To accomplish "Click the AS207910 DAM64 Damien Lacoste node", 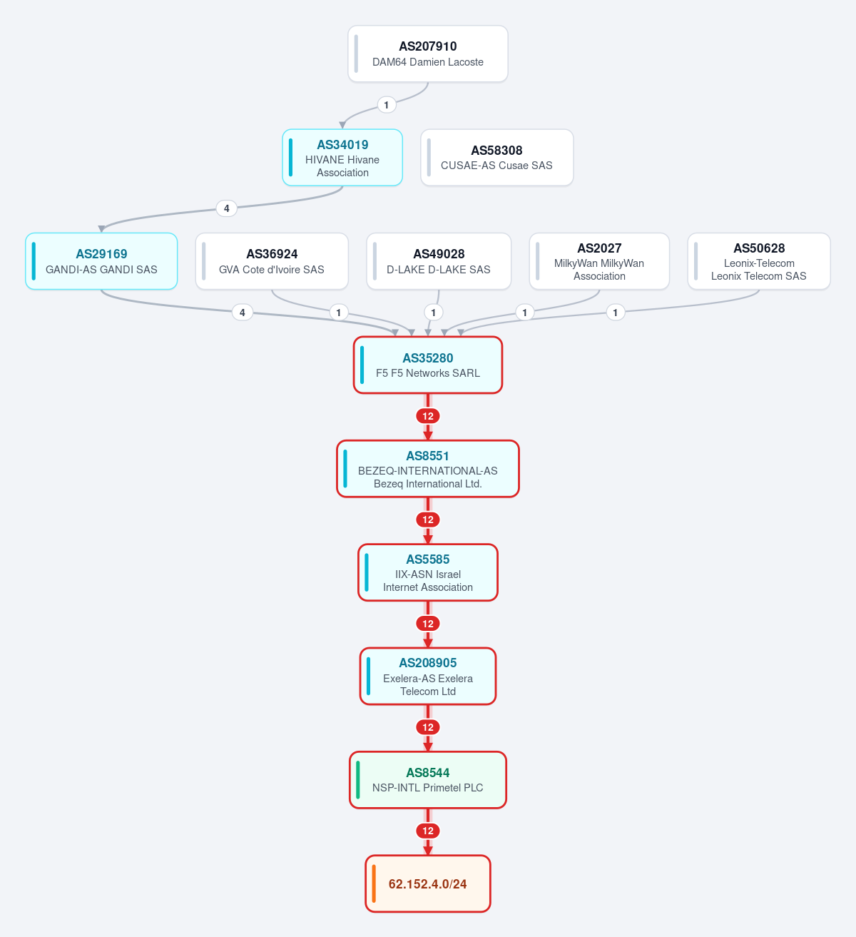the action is tap(428, 54).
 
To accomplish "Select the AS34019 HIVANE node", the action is tap(342, 158).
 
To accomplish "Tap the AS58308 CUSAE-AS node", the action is tap(497, 158).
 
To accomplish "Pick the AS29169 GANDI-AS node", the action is tap(101, 261).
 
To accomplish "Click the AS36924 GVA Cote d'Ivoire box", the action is tap(272, 261).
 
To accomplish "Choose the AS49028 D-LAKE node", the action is tap(439, 261).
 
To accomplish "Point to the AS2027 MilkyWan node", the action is tap(599, 261).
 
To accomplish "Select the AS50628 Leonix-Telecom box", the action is tap(759, 261).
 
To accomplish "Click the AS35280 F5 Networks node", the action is tap(428, 365).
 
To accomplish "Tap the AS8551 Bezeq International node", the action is tap(428, 468).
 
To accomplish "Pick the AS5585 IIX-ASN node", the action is tap(428, 572).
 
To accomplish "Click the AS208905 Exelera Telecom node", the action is tap(428, 676).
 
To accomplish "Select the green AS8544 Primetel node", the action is tap(428, 779).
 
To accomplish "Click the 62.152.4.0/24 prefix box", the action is tap(428, 883).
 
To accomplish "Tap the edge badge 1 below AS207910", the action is tap(386, 105).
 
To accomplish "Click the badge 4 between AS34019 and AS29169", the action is tap(227, 208).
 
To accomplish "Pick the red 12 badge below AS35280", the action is tap(428, 416).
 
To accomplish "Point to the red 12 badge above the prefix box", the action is tap(428, 831).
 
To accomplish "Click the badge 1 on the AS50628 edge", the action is tap(616, 313).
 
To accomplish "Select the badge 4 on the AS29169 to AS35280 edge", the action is tap(243, 313).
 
